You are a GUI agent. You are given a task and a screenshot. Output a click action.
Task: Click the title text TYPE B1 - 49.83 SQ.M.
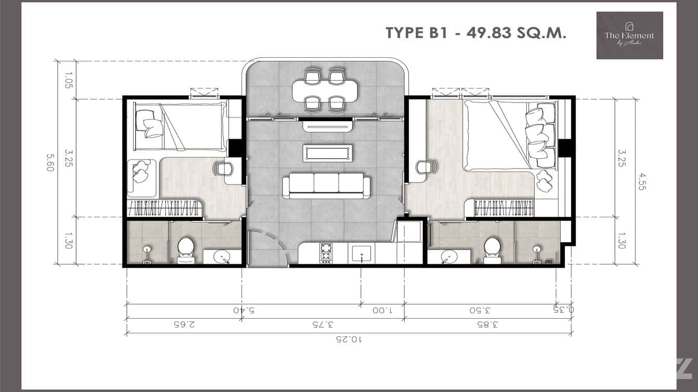[x=475, y=33]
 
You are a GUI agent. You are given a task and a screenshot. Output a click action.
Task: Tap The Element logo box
[x=629, y=35]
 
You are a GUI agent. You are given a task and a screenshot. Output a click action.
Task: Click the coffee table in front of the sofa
[x=328, y=152]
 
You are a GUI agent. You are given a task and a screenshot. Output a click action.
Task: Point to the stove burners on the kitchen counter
[x=326, y=253]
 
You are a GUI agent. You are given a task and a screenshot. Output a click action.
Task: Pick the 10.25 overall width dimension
[x=349, y=339]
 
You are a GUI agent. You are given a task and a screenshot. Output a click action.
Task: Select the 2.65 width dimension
[x=184, y=324]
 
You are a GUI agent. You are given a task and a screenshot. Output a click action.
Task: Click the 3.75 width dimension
[x=322, y=324]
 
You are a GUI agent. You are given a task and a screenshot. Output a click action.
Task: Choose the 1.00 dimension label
[x=382, y=310]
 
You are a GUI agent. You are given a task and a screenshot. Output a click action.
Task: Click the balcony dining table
[x=325, y=90]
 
